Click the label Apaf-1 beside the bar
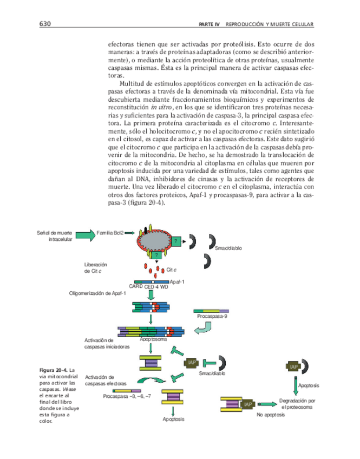(177, 281)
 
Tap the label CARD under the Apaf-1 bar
(136, 287)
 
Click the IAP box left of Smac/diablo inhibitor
(192, 362)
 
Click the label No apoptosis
(271, 414)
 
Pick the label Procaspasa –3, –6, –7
(127, 396)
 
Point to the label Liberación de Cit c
(96, 267)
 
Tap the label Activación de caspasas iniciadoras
(107, 343)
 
